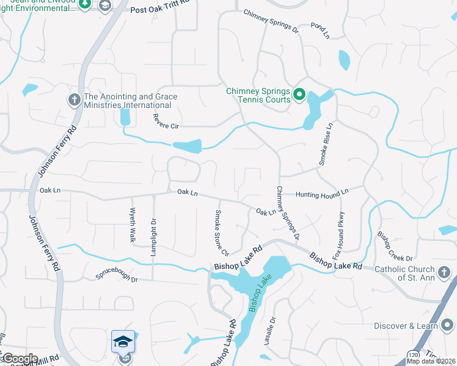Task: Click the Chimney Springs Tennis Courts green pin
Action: coord(299,94)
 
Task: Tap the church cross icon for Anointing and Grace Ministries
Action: coord(75,99)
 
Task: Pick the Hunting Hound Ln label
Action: coord(321,193)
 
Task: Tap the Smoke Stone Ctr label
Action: coord(220,233)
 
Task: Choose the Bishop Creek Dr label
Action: coord(395,245)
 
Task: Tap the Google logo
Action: coord(20,359)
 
